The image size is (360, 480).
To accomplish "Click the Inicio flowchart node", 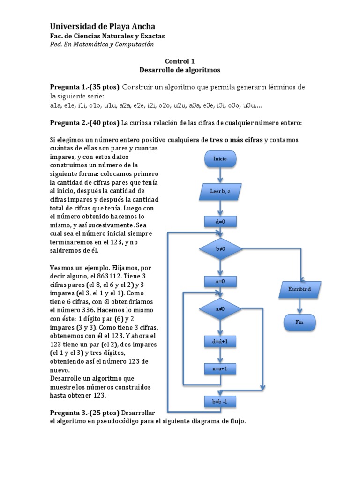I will pyautogui.click(x=220, y=159).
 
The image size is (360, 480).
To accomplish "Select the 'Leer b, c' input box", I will pyautogui.click(x=220, y=191).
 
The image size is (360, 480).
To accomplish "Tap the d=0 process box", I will pyautogui.click(x=220, y=221).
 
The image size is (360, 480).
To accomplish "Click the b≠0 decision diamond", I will pyautogui.click(x=220, y=249).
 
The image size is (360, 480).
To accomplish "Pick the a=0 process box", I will pyautogui.click(x=220, y=281).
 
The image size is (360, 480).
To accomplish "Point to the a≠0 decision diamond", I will pyautogui.click(x=220, y=309).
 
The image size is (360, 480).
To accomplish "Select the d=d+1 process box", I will pyautogui.click(x=220, y=341).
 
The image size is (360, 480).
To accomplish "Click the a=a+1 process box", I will pyautogui.click(x=220, y=369).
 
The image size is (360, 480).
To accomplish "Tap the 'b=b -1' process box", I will pyautogui.click(x=220, y=401).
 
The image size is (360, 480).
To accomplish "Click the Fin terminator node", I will pyautogui.click(x=300, y=322).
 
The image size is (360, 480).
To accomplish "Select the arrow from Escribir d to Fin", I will pyautogui.click(x=300, y=306).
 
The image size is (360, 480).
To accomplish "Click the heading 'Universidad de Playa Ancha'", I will pyautogui.click(x=102, y=26).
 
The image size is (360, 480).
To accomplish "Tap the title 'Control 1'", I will pyautogui.click(x=180, y=61).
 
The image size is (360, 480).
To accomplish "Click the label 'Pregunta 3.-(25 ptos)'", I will pyautogui.click(x=84, y=412).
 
